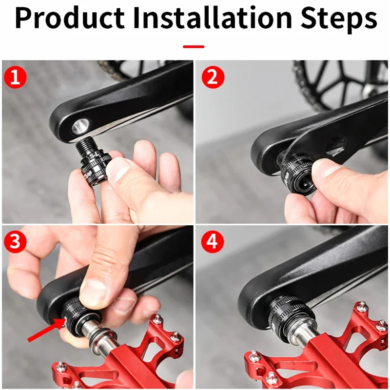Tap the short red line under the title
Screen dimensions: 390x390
pyautogui.click(x=194, y=47)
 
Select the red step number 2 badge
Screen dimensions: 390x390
pyautogui.click(x=212, y=78)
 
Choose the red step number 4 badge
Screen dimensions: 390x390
pyautogui.click(x=212, y=243)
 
